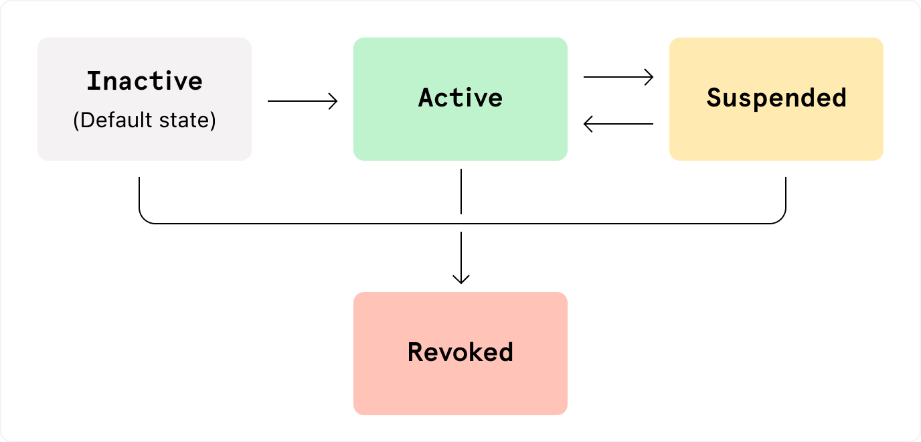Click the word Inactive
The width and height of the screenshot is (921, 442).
pos(145,81)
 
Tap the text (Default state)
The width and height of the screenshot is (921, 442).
pos(145,122)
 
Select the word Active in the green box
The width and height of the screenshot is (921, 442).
pos(460,98)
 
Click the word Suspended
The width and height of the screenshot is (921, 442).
pos(776,98)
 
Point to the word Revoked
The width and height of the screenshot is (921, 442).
pos(460,352)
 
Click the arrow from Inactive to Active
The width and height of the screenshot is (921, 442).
pos(303,101)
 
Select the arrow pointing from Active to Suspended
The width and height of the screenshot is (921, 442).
pos(618,77)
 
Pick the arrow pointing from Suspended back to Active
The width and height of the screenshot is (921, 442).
pos(618,124)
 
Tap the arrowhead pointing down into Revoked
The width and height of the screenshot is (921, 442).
pos(461,279)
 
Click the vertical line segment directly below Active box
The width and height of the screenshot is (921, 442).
pos(461,191)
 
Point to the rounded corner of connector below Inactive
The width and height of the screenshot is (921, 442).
pos(143,218)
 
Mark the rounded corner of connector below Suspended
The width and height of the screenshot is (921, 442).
pos(781,218)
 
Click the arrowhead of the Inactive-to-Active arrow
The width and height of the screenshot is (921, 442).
pos(334,101)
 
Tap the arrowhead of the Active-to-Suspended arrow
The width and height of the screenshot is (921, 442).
pos(650,77)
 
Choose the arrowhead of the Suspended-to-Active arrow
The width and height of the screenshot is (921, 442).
pos(587,124)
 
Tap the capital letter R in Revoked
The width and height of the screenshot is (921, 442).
pos(416,352)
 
